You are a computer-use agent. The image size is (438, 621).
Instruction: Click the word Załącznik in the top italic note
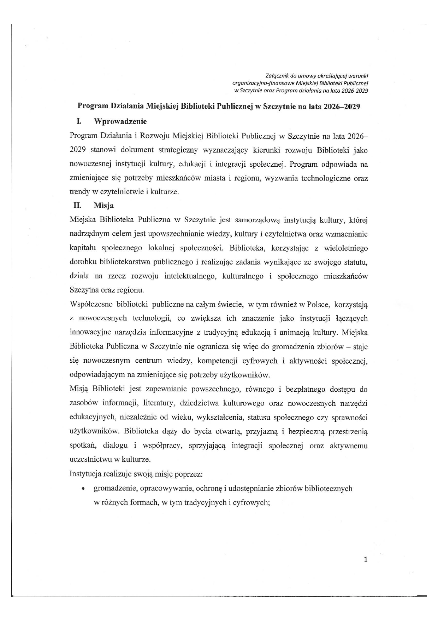click(277, 75)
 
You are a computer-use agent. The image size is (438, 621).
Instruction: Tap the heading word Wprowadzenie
click(120, 121)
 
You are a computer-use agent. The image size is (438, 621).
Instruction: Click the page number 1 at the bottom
click(366, 559)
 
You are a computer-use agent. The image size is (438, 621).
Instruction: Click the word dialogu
click(114, 445)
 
